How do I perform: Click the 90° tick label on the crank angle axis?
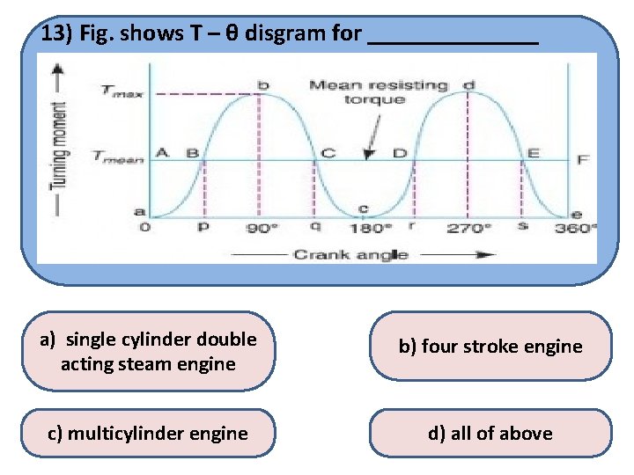click(x=261, y=228)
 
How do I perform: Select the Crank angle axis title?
click(x=350, y=254)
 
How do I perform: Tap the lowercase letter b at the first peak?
click(x=262, y=84)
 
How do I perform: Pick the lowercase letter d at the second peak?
click(x=468, y=84)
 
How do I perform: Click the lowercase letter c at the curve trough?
click(x=363, y=208)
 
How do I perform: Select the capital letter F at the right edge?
click(x=583, y=159)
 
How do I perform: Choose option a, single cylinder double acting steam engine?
click(x=148, y=351)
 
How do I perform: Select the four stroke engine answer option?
click(x=490, y=346)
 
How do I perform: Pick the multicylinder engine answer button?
click(x=148, y=433)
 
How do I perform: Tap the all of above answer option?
click(x=490, y=433)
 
